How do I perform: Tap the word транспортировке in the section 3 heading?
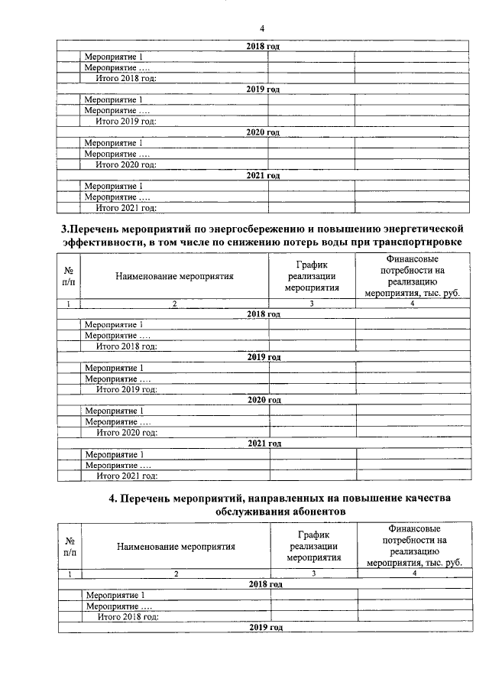(417, 242)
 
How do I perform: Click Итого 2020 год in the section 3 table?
(126, 433)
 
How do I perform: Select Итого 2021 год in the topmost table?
(125, 207)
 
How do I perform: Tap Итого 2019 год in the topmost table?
(125, 121)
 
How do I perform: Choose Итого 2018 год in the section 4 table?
(127, 617)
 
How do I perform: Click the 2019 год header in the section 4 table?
(265, 628)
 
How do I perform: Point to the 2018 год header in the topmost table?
(263, 47)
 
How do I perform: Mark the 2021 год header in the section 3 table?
(264, 443)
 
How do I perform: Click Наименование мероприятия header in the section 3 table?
(175, 276)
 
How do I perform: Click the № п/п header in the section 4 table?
(70, 546)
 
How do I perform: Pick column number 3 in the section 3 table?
(312, 304)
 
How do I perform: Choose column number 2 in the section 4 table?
(176, 573)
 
